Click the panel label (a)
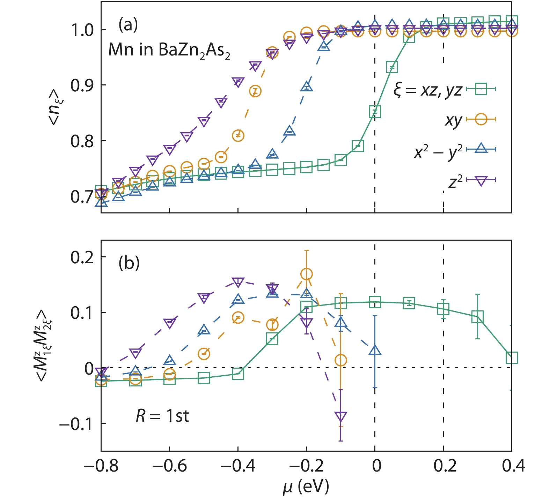pyautogui.click(x=128, y=25)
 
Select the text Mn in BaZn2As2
pyautogui.click(x=169, y=50)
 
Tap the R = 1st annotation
pyautogui.click(x=162, y=416)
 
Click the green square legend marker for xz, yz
pyautogui.click(x=481, y=89)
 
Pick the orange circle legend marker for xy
pyautogui.click(x=481, y=119)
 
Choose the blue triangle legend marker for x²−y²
pyautogui.click(x=481, y=149)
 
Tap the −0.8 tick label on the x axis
pyautogui.click(x=101, y=466)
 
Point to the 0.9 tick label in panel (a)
pyautogui.click(x=82, y=85)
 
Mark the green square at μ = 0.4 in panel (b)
pyautogui.click(x=512, y=357)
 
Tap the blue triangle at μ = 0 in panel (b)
pyautogui.click(x=375, y=350)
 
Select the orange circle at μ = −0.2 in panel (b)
pyautogui.click(x=307, y=274)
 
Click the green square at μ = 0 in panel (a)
pyautogui.click(x=375, y=112)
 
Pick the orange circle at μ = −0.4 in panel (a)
pyautogui.click(x=238, y=135)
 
